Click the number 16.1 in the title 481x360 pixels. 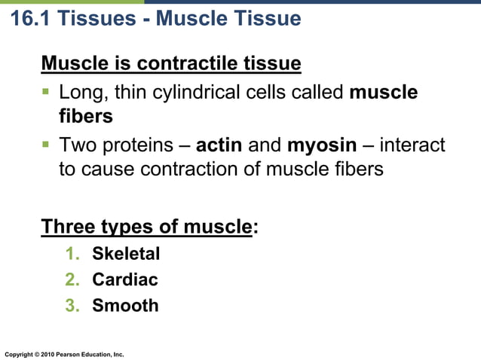click(x=29, y=18)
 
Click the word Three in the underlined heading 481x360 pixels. click(x=70, y=226)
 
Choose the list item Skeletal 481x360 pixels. click(x=126, y=254)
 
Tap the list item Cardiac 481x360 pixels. click(x=125, y=279)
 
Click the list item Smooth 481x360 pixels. click(x=125, y=305)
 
